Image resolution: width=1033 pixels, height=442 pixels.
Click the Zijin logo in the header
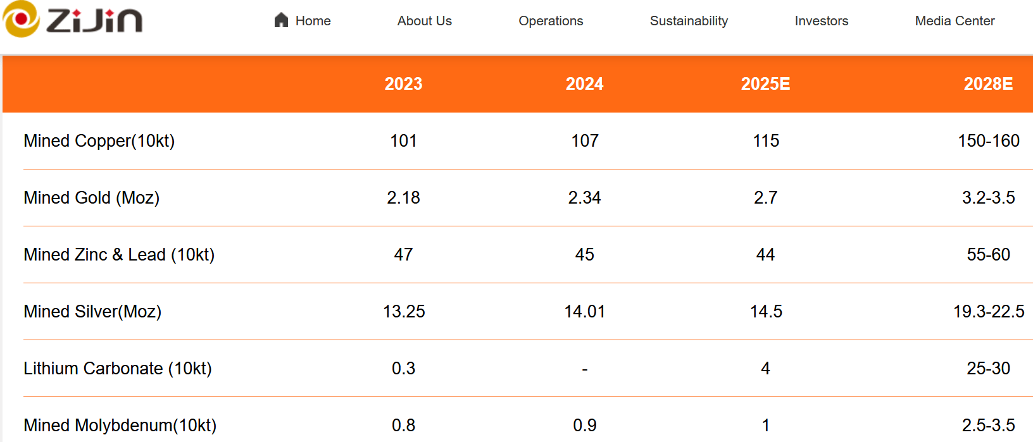pyautogui.click(x=73, y=20)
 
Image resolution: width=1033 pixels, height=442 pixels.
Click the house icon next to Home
pyautogui.click(x=281, y=20)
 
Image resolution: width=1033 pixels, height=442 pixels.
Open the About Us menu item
pyautogui.click(x=424, y=21)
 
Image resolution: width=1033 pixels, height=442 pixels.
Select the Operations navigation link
pyautogui.click(x=551, y=21)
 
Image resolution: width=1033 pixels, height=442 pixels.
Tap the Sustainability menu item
pyautogui.click(x=689, y=21)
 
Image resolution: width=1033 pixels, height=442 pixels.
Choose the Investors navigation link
pyautogui.click(x=821, y=21)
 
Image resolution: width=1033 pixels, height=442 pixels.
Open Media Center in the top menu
pyautogui.click(x=955, y=21)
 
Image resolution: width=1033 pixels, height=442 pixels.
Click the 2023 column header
pyautogui.click(x=403, y=84)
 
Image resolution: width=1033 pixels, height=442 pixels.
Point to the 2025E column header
pyautogui.click(x=765, y=84)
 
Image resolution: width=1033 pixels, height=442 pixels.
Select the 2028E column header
pyautogui.click(x=987, y=84)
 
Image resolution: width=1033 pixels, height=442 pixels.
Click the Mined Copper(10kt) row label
pyautogui.click(x=99, y=140)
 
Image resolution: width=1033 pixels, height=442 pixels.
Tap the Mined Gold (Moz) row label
pyautogui.click(x=91, y=197)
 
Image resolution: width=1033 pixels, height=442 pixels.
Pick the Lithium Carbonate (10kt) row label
pyautogui.click(x=117, y=368)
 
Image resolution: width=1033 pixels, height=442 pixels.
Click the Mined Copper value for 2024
pyautogui.click(x=584, y=140)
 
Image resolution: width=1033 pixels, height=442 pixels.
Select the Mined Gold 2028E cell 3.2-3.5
pyautogui.click(x=988, y=197)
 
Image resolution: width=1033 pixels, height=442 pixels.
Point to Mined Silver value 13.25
pyautogui.click(x=403, y=311)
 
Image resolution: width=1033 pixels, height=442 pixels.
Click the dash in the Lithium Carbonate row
pyautogui.click(x=584, y=369)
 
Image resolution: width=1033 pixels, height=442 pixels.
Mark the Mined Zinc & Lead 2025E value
pyautogui.click(x=765, y=254)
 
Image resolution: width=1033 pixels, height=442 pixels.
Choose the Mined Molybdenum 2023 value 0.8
pyautogui.click(x=403, y=425)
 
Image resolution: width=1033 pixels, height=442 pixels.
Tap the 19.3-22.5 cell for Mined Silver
pyautogui.click(x=988, y=311)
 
